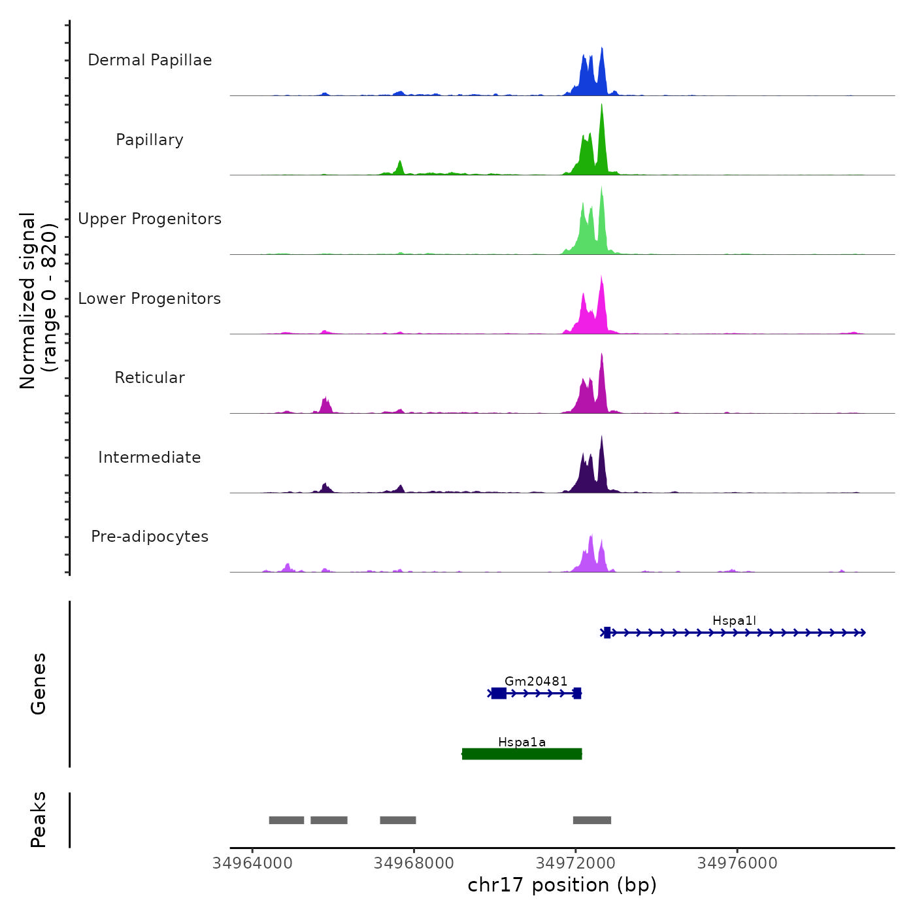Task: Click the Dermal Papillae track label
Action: (150, 60)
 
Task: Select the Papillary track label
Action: (150, 140)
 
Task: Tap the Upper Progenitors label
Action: (150, 219)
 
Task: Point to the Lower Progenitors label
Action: (150, 299)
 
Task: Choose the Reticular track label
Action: (150, 378)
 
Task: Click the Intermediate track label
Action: (150, 457)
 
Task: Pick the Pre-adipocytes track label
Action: (150, 537)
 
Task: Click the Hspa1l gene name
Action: (734, 621)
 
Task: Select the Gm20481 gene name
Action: (536, 682)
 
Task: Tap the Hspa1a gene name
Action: (522, 742)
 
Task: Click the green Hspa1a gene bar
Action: (522, 754)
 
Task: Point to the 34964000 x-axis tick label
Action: (252, 863)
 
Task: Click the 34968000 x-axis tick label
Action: (414, 863)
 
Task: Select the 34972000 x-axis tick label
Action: (576, 863)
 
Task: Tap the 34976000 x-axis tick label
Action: (737, 863)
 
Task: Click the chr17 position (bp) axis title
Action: (562, 885)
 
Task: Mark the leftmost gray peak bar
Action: (286, 820)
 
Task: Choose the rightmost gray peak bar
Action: (592, 820)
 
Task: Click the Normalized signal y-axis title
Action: (38, 301)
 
